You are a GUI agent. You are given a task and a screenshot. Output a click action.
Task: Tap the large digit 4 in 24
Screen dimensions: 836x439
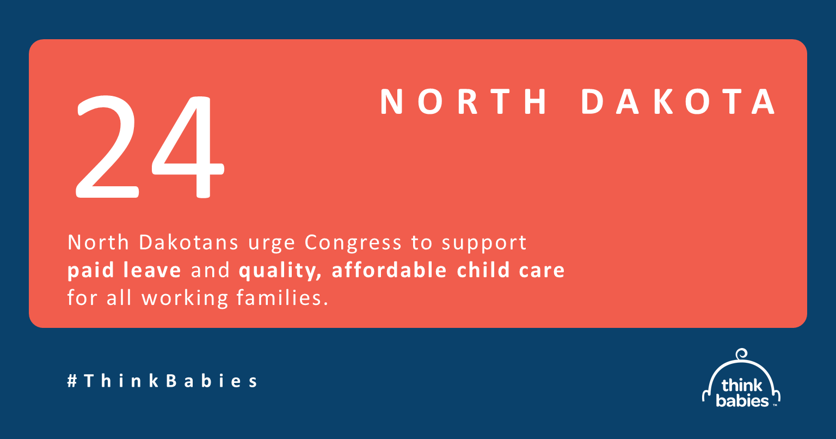click(x=188, y=147)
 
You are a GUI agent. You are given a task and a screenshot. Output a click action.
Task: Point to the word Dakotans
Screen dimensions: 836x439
click(x=188, y=242)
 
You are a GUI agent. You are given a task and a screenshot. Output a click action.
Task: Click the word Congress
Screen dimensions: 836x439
click(x=353, y=243)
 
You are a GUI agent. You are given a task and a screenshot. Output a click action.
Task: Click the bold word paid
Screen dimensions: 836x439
click(x=90, y=271)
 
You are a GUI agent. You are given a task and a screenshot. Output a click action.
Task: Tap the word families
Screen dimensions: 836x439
click(x=282, y=298)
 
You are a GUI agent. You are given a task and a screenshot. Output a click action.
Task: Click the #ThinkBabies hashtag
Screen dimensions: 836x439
click(x=162, y=381)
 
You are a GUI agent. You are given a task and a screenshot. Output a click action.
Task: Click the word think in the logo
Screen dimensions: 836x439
click(x=742, y=386)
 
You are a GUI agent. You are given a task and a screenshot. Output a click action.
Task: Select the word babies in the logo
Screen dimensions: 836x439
click(x=742, y=401)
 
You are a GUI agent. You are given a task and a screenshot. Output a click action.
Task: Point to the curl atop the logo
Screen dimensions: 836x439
click(x=741, y=354)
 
